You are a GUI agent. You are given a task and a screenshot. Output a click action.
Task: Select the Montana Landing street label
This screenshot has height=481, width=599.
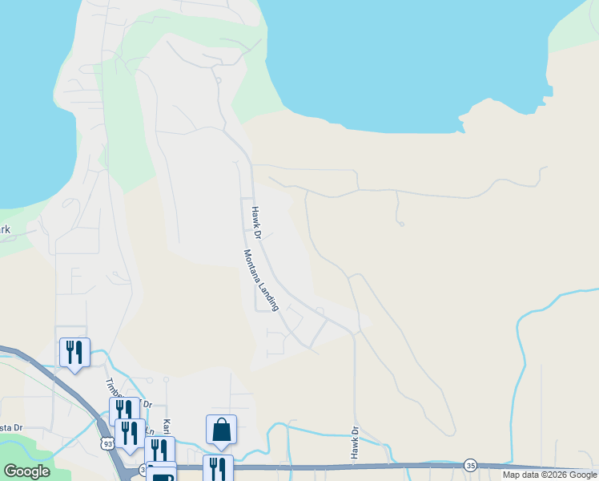coord(261,280)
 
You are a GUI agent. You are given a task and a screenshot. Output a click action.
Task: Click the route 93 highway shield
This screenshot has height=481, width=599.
coord(107,443)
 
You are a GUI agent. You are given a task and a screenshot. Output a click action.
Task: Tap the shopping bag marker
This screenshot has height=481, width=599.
coord(221,430)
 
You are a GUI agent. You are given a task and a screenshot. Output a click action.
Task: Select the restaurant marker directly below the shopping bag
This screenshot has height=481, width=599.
coord(218,467)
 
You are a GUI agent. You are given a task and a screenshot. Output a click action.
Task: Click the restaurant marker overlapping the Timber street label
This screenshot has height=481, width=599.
coord(124,410)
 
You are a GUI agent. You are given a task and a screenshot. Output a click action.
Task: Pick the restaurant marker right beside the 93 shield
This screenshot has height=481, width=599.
coord(130,433)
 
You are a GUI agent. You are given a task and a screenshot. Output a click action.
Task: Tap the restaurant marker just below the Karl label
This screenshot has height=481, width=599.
coord(159,450)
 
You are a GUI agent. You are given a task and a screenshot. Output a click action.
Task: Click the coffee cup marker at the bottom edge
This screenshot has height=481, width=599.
coord(162,475)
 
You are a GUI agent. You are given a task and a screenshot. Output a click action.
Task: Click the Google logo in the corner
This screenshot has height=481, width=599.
coord(26,471)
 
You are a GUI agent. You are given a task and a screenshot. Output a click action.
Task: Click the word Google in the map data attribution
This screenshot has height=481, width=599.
coord(581,475)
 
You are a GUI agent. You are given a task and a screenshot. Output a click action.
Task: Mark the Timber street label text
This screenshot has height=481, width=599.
coord(112,387)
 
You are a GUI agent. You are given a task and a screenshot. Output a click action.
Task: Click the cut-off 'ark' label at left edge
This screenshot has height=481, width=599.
coord(6,231)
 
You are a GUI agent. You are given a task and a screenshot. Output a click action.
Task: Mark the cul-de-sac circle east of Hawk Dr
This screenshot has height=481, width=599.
coord(400,224)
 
